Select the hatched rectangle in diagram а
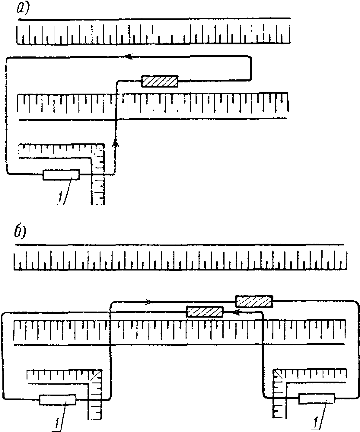[x=160, y=81]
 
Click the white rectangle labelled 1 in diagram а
[x=61, y=175]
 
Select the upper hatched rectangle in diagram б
[x=254, y=301]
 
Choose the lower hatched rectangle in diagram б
[x=205, y=311]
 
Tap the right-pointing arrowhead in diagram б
[x=148, y=301]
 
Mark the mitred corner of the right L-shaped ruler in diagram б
[x=278, y=375]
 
